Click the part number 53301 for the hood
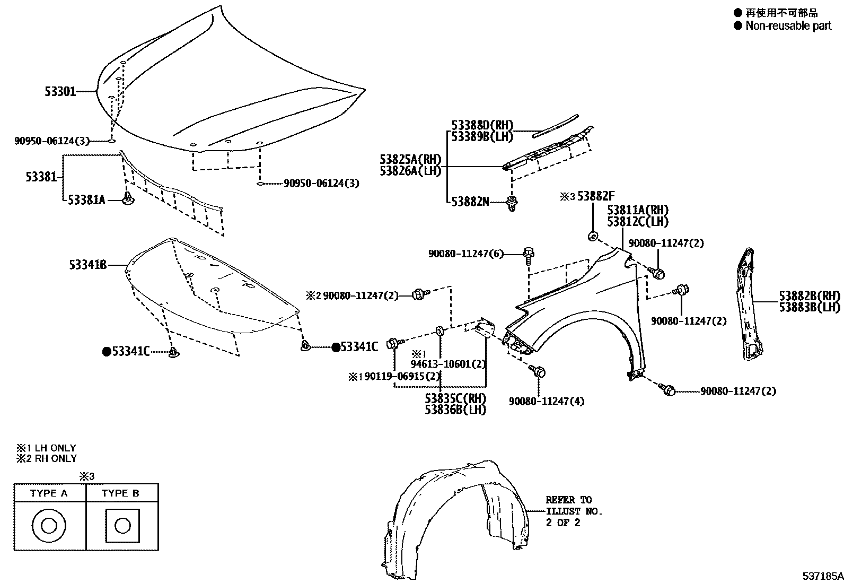(x=60, y=92)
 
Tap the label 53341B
(x=87, y=264)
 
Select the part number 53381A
(x=86, y=200)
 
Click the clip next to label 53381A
(x=128, y=199)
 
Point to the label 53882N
(x=470, y=202)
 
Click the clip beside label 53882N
(x=512, y=203)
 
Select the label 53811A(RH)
(x=638, y=210)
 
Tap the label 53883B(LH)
(x=810, y=307)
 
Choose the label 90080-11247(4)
(x=547, y=401)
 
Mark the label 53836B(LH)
(x=455, y=410)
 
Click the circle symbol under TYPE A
(x=49, y=526)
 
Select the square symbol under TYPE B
(x=122, y=526)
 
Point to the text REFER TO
(x=568, y=500)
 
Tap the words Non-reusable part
(x=788, y=25)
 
